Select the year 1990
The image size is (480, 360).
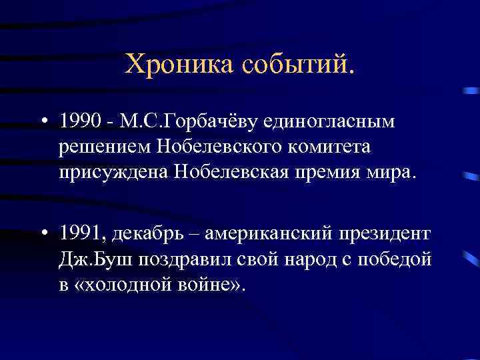[77, 122]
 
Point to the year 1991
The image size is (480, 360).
[79, 234]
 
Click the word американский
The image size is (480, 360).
[268, 234]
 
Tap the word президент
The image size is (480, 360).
[386, 234]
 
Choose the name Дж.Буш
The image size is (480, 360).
[90, 259]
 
